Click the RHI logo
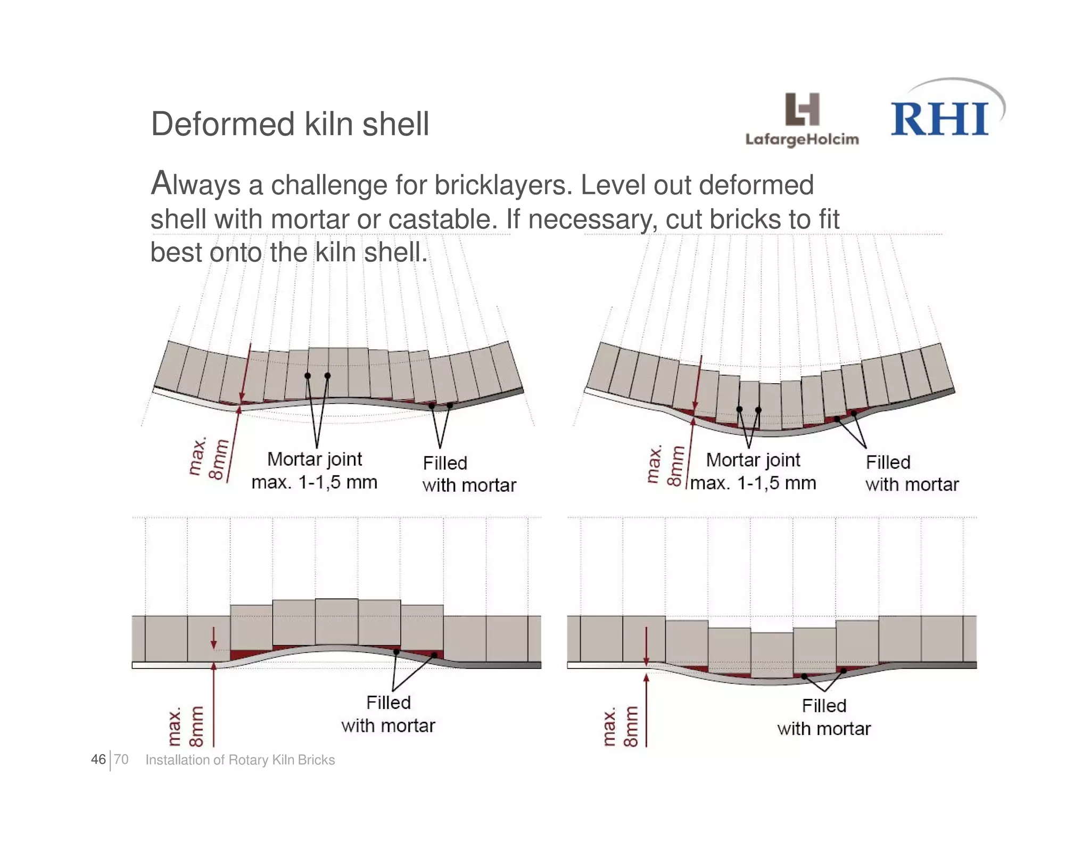(940, 118)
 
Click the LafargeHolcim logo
(802, 120)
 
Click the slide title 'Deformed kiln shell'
(290, 124)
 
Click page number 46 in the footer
(98, 760)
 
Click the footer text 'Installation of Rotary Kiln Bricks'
(240, 760)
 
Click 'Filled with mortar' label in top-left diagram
(468, 474)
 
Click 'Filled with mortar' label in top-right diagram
(911, 473)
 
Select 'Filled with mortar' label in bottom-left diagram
(388, 714)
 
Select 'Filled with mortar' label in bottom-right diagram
(823, 717)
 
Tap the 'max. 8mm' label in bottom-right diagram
(621, 727)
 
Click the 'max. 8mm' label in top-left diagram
(209, 459)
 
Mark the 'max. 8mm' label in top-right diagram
(665, 465)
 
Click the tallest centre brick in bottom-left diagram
(336, 622)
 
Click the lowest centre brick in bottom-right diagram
(772, 655)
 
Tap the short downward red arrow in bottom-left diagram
(213, 638)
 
